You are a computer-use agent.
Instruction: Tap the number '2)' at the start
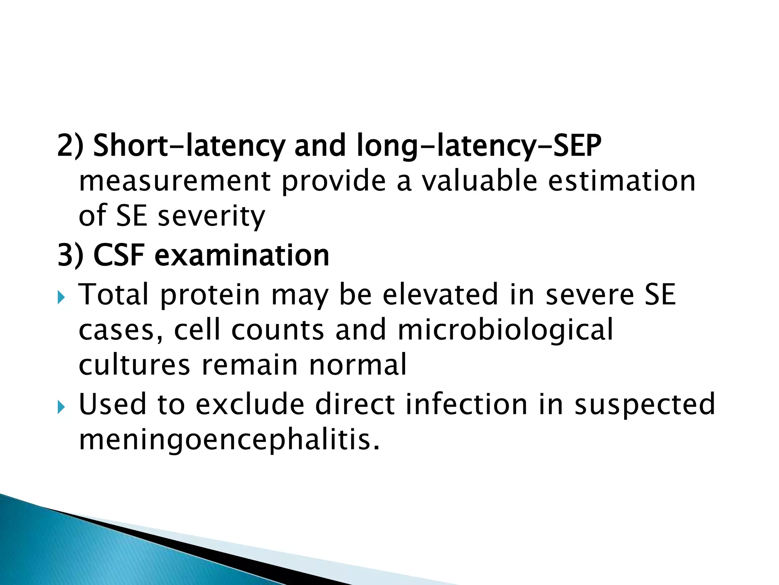(70, 145)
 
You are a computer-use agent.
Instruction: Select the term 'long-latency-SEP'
(479, 145)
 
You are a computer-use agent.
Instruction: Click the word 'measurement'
(175, 181)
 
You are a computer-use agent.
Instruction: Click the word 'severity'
(211, 216)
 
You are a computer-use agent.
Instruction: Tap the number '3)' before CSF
(70, 256)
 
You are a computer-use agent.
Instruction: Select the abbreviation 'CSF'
(118, 256)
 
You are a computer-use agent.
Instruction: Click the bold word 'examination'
(242, 256)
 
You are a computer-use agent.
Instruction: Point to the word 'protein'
(210, 295)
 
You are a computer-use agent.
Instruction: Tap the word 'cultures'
(134, 365)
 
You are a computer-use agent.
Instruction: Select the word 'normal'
(358, 365)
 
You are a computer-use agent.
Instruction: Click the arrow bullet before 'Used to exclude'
(61, 407)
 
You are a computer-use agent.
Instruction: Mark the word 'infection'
(466, 404)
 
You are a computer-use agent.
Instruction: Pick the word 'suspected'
(645, 405)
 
